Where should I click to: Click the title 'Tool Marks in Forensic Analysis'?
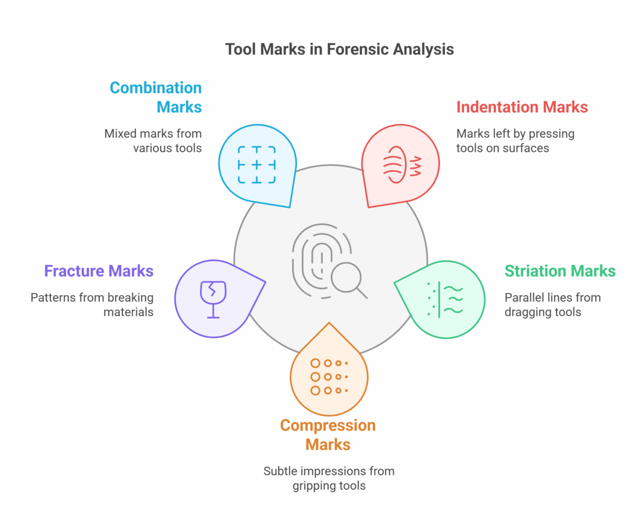(339, 49)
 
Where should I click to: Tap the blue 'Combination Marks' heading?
(156, 97)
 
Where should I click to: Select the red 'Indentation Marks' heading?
(522, 107)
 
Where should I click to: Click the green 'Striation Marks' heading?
(560, 271)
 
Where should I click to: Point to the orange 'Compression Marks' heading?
(328, 434)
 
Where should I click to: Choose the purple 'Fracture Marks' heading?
(99, 271)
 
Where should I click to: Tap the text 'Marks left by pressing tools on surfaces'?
(515, 140)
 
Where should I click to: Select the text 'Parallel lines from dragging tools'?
(552, 304)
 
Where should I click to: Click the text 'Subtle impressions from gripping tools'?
(328, 478)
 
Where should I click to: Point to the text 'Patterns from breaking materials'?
(92, 304)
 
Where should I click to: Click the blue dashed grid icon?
(256, 165)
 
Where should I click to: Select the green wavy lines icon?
(446, 300)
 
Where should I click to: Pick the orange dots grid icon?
(328, 376)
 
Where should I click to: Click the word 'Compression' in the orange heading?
(328, 425)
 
